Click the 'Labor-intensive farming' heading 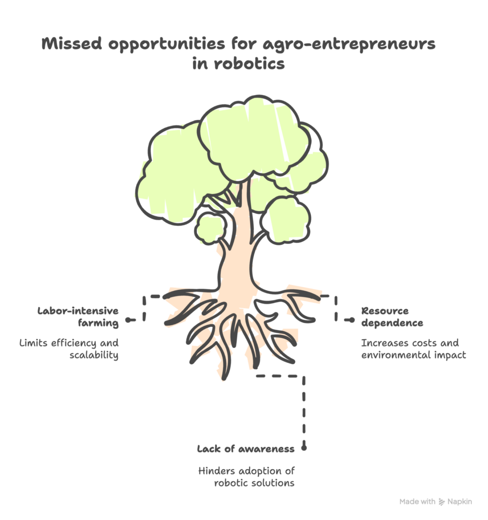[79, 316]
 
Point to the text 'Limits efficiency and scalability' [69, 349]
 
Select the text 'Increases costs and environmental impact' [413, 349]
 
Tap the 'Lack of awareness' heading [245, 449]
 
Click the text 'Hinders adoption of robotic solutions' [246, 477]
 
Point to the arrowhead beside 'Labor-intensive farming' [127, 320]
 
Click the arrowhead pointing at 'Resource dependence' [352, 320]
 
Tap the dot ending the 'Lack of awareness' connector [304, 448]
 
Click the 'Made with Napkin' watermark [436, 501]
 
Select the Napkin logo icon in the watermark [442, 501]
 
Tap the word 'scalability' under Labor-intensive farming [94, 355]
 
